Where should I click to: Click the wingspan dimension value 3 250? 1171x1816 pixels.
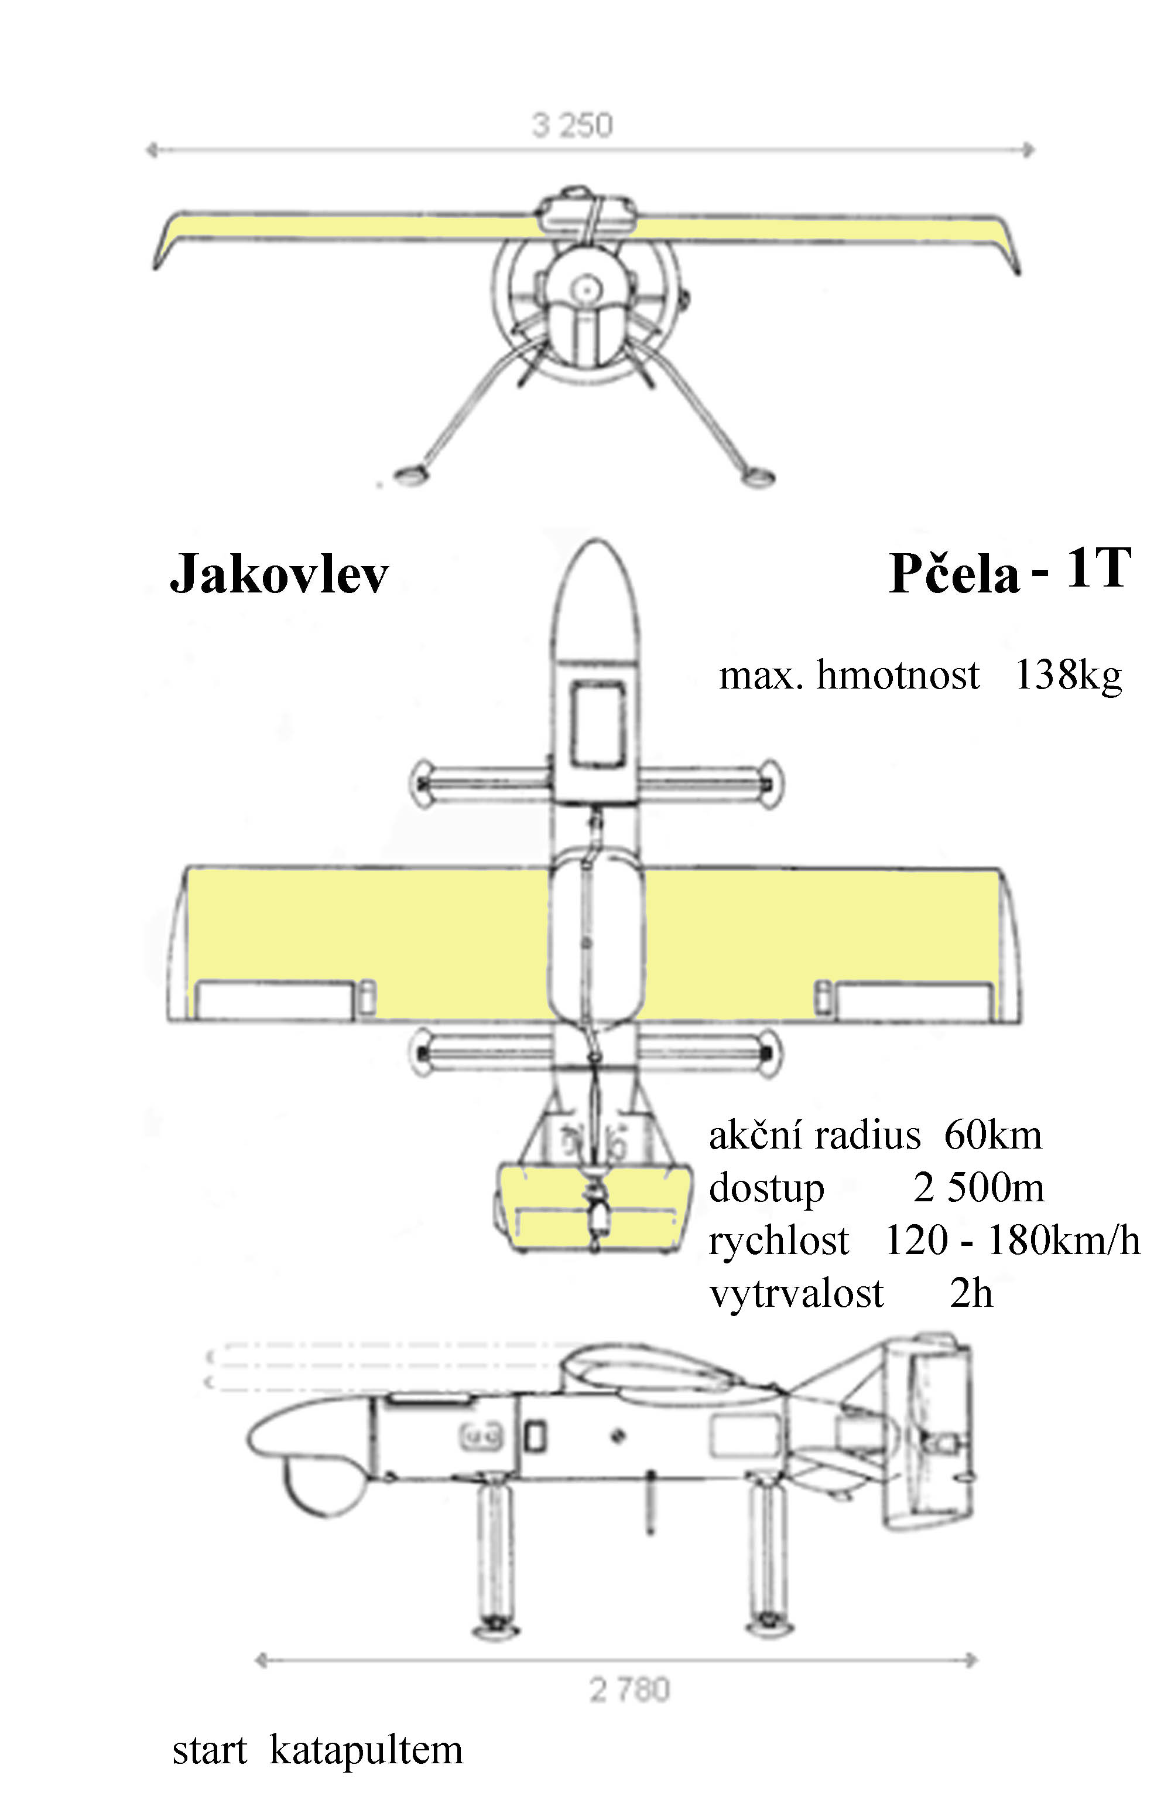(x=572, y=125)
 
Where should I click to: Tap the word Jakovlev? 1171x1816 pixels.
(x=279, y=574)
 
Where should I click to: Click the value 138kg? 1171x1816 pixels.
(x=1069, y=675)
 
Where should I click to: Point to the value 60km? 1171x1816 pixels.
(x=992, y=1136)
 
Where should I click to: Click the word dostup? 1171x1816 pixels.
(x=766, y=1189)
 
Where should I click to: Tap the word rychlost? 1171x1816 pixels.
(x=778, y=1241)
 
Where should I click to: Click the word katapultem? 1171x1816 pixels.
(x=366, y=1750)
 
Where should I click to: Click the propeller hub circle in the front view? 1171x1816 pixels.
(x=585, y=288)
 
